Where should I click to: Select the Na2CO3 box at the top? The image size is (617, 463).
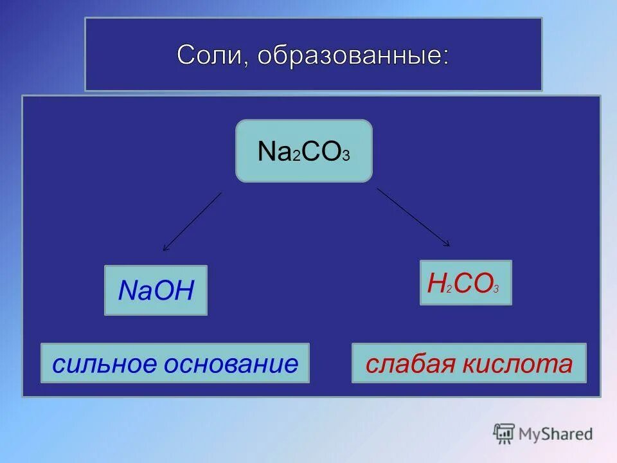pos(304,150)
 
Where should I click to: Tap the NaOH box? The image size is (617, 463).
pos(156,290)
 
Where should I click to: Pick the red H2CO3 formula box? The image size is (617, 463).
pos(465,282)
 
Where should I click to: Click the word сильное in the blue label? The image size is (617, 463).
pos(104,364)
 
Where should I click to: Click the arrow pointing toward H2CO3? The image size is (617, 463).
pos(413,217)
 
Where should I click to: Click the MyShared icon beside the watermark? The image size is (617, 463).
pos(504,433)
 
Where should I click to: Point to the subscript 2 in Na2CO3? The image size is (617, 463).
pos(296,156)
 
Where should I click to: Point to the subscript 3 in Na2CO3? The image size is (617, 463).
pos(346,156)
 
